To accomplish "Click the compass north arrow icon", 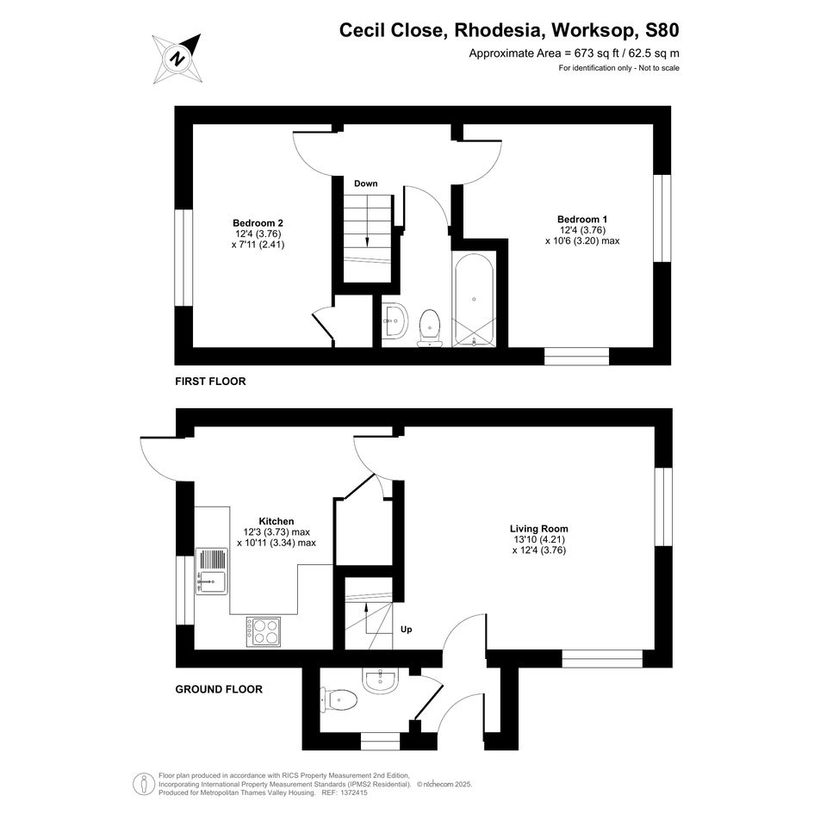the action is (x=177, y=59).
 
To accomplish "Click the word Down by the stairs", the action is (x=366, y=183).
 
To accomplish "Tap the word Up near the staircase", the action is (x=406, y=629).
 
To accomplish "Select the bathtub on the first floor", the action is (x=474, y=300).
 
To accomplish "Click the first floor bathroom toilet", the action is (x=430, y=328).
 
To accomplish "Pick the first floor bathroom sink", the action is (x=395, y=320).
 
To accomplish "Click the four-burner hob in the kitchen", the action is (x=264, y=631).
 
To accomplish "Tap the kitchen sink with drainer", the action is (x=211, y=571).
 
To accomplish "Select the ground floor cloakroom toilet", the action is (x=339, y=699).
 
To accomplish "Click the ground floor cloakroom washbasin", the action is (x=381, y=681).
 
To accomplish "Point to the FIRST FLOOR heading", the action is (x=210, y=382).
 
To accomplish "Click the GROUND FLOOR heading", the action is (x=219, y=689).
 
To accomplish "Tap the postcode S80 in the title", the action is (x=662, y=30).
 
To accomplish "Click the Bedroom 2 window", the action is (x=183, y=258).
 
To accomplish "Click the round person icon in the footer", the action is (x=144, y=784).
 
